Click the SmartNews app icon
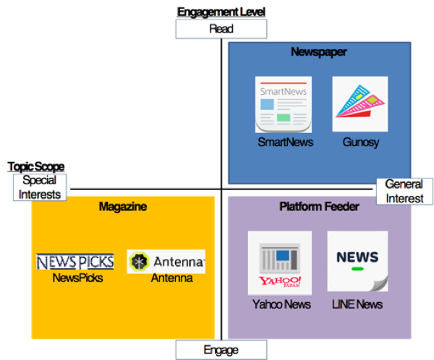(x=284, y=104)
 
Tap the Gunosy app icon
(x=359, y=104)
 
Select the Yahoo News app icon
(x=280, y=262)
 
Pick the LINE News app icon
(x=357, y=261)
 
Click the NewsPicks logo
(x=75, y=262)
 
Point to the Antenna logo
(x=166, y=261)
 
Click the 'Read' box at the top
(x=221, y=29)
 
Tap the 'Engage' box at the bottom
(x=221, y=350)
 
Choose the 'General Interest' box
(x=404, y=191)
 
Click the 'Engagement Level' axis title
(x=221, y=12)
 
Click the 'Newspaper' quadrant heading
(x=319, y=52)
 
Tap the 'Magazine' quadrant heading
(x=123, y=207)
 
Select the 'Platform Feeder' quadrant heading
(x=319, y=207)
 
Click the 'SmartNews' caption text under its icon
(x=285, y=142)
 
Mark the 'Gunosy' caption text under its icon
(x=360, y=142)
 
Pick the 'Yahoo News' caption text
(x=281, y=304)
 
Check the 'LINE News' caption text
(x=358, y=304)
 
